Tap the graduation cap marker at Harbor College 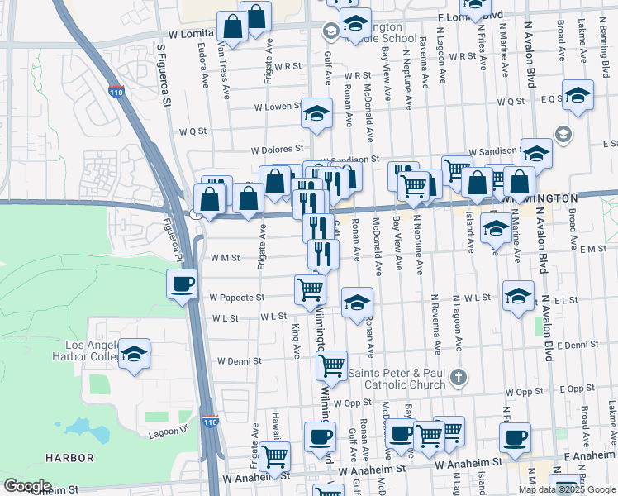[134, 355]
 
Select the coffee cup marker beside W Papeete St [182, 286]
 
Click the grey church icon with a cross [460, 378]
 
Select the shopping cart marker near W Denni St [331, 365]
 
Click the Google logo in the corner [27, 486]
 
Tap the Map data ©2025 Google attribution [567, 489]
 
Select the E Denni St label [577, 345]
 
